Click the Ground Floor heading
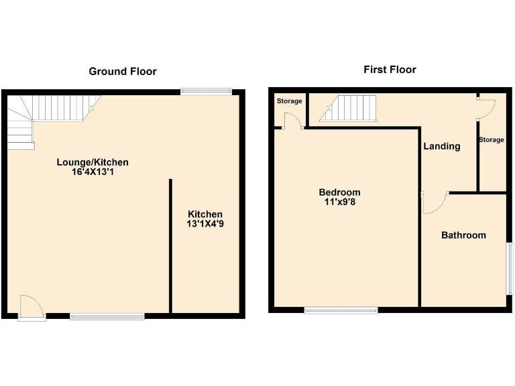(x=123, y=71)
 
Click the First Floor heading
(x=390, y=70)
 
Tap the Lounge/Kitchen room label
(x=92, y=162)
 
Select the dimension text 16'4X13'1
(x=92, y=172)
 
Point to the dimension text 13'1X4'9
(x=205, y=224)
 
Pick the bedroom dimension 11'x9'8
(x=339, y=202)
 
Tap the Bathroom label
(x=463, y=235)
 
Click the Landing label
(x=442, y=146)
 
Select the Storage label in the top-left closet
(x=289, y=101)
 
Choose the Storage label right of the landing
(x=491, y=140)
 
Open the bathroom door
(x=433, y=202)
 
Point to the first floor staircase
(x=349, y=109)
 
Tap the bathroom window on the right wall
(x=509, y=269)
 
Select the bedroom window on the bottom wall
(x=341, y=310)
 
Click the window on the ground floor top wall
(x=206, y=92)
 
